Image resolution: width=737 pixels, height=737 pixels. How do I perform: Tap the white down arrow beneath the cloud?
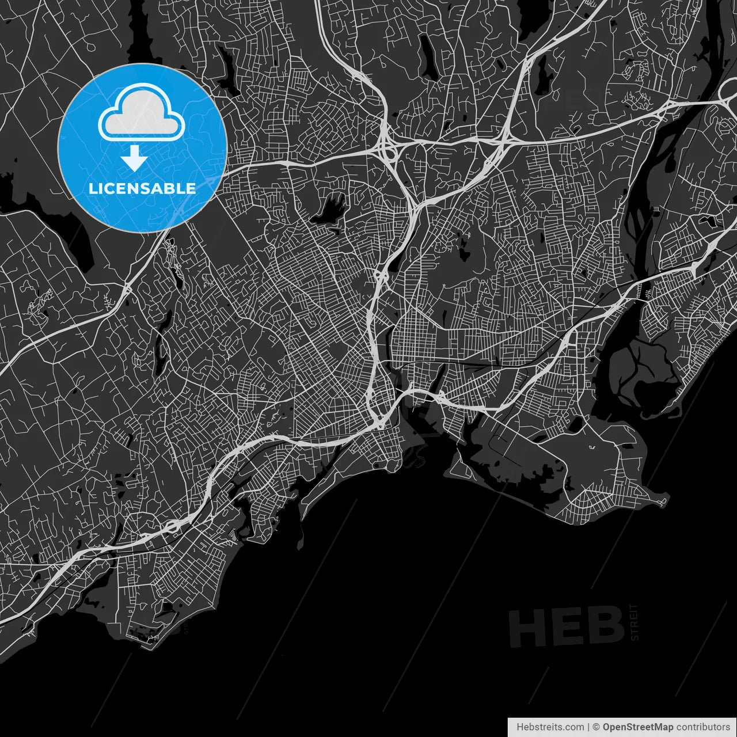click(x=135, y=158)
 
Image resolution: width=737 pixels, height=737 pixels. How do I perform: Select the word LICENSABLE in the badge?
click(x=142, y=188)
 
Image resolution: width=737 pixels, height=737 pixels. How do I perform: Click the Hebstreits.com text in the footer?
click(x=550, y=727)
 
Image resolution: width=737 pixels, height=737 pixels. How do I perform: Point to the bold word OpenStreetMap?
click(x=638, y=727)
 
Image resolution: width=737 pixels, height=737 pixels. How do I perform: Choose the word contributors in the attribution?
click(x=703, y=727)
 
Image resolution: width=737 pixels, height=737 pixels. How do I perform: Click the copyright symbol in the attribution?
click(x=597, y=727)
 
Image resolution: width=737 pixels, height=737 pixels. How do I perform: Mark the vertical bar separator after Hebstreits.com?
click(x=588, y=727)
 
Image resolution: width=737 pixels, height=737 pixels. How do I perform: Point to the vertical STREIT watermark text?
click(x=635, y=622)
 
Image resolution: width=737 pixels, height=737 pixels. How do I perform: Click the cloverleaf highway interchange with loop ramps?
click(x=385, y=149)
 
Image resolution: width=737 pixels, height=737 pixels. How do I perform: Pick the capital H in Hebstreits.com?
click(x=520, y=727)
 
